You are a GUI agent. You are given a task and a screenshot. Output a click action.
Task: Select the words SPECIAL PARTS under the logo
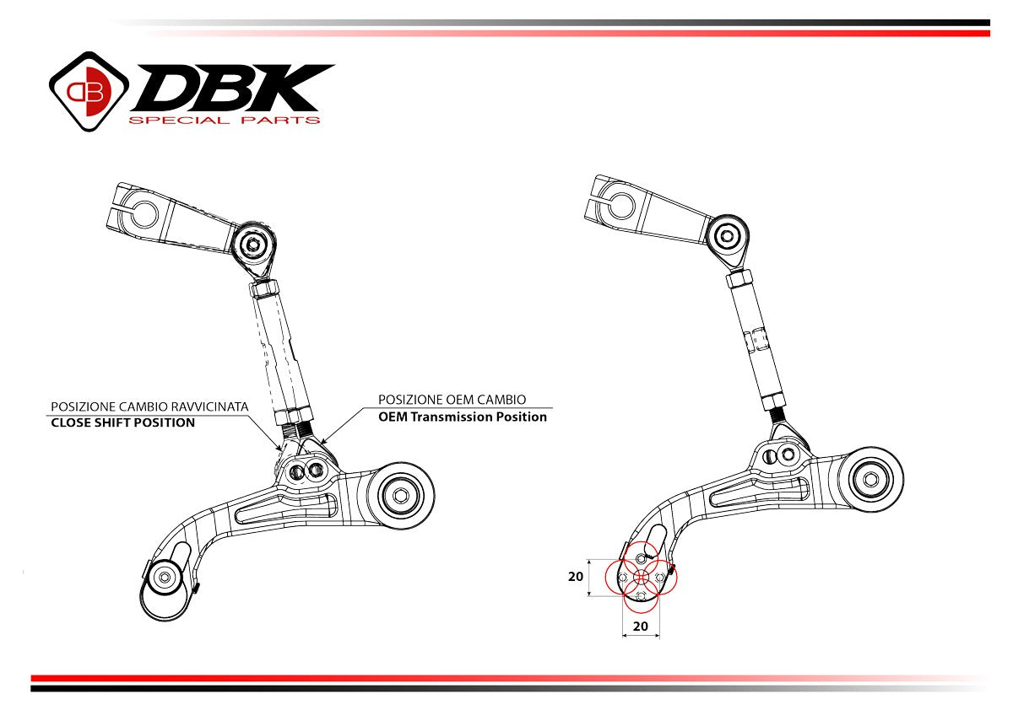coord(224,121)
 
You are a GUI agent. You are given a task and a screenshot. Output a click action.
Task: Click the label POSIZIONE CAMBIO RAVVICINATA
coord(149,406)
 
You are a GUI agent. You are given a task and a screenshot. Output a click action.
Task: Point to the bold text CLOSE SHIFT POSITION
coord(123,422)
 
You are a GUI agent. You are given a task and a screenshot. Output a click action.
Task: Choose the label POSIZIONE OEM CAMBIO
coord(452,400)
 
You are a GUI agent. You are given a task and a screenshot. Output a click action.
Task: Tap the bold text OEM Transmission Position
coord(463,417)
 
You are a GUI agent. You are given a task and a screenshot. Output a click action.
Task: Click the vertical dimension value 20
coord(576,578)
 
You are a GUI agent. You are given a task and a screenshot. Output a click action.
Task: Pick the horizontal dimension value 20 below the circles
coord(641,627)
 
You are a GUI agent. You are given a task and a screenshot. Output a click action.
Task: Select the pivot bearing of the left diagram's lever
coord(402,494)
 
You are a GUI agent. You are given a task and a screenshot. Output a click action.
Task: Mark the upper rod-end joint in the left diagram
coord(252,246)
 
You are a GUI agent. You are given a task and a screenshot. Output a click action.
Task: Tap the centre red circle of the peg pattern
coord(641,577)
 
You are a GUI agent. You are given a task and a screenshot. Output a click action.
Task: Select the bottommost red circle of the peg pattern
coord(641,595)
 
